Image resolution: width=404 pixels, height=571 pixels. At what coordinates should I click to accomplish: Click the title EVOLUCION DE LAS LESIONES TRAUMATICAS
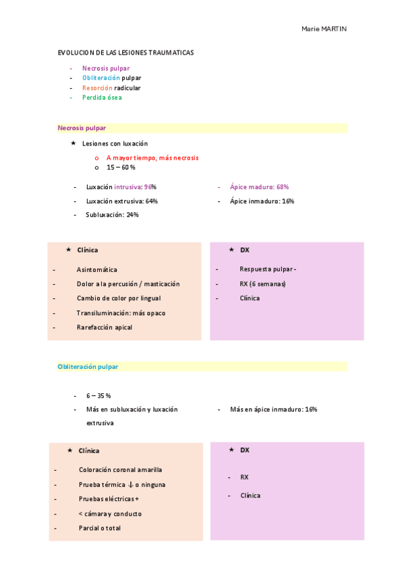(x=125, y=53)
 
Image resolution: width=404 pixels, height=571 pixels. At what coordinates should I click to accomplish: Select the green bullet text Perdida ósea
(x=102, y=98)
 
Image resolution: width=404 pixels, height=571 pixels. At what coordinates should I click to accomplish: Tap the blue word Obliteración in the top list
(x=96, y=78)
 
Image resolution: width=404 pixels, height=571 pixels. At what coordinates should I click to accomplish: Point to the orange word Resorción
(x=97, y=88)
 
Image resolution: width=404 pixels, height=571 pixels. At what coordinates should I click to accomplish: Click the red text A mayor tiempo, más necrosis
(x=152, y=158)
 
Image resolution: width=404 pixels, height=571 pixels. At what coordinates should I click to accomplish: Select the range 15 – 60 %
(x=121, y=168)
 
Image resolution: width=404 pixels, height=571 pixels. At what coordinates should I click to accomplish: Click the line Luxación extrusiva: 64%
(x=121, y=201)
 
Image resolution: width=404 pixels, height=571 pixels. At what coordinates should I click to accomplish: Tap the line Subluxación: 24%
(x=112, y=215)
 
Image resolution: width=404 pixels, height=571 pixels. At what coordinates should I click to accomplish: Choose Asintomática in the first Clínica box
(x=96, y=269)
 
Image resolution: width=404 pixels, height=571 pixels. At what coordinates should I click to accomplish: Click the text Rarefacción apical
(x=104, y=327)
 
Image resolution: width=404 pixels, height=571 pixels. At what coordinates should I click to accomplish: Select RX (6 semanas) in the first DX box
(x=262, y=284)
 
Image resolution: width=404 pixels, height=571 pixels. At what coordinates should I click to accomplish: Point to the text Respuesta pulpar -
(x=268, y=269)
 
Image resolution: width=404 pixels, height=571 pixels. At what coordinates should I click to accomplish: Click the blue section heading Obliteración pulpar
(x=88, y=367)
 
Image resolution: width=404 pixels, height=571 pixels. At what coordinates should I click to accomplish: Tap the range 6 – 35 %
(x=98, y=396)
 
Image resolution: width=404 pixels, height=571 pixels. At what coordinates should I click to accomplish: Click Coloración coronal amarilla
(x=120, y=470)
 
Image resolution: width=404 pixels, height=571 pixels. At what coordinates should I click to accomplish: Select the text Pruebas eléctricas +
(x=109, y=499)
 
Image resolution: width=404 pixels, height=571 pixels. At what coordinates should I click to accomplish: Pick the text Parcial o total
(x=99, y=529)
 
